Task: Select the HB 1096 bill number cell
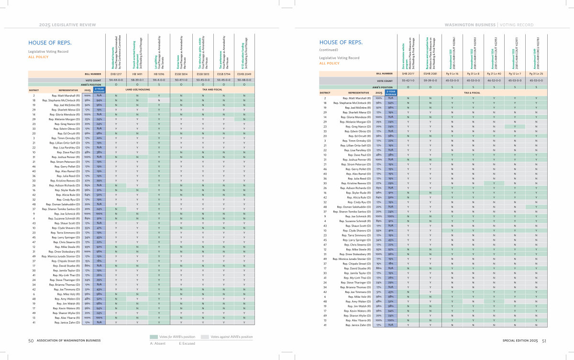(158, 74)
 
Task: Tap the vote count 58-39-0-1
(137, 79)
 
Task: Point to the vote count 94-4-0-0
(158, 79)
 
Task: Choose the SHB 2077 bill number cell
(408, 74)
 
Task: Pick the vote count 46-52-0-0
(494, 80)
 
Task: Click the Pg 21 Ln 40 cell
(494, 74)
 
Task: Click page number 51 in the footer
(544, 341)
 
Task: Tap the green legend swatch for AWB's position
(154, 337)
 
